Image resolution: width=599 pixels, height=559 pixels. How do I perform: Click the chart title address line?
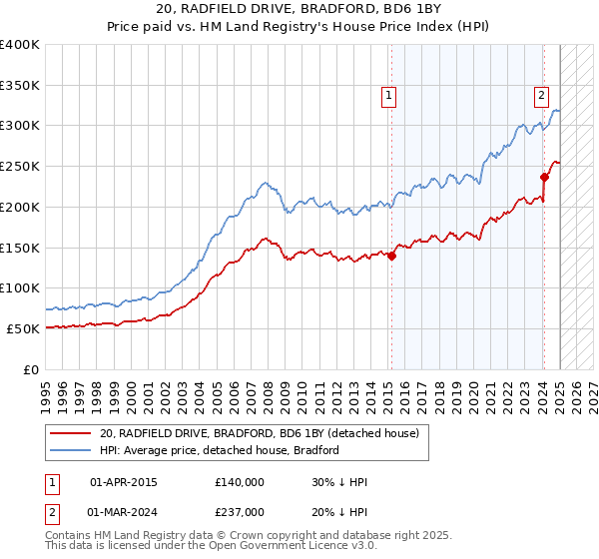pyautogui.click(x=299, y=9)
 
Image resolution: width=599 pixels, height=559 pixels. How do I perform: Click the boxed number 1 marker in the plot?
pyautogui.click(x=387, y=96)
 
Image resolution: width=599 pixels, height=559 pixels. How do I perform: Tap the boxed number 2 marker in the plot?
pyautogui.click(x=540, y=96)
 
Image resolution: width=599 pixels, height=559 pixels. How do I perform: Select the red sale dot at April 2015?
pyautogui.click(x=391, y=256)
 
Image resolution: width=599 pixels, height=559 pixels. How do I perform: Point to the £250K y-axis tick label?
pyautogui.click(x=20, y=167)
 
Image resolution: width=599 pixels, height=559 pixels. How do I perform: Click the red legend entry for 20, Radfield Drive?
pyautogui.click(x=265, y=432)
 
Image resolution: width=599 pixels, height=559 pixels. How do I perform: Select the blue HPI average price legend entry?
pyautogui.click(x=220, y=450)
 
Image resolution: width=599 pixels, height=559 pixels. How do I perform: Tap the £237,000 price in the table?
pyautogui.click(x=239, y=512)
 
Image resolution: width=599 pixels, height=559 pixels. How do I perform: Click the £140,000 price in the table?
pyautogui.click(x=239, y=482)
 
